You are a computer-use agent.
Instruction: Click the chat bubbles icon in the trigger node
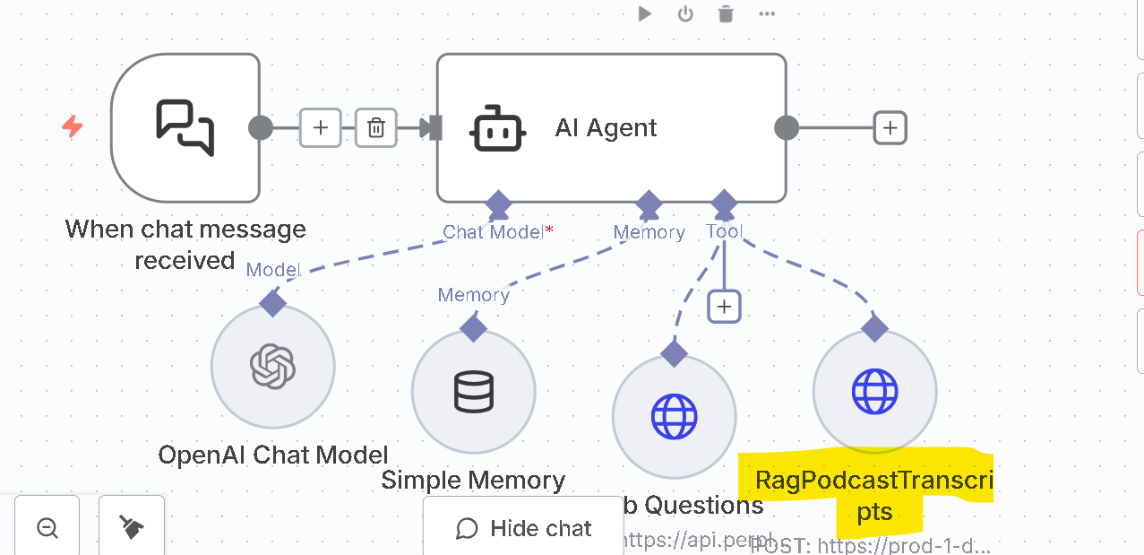point(185,127)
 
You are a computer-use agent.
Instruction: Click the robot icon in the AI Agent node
point(496,128)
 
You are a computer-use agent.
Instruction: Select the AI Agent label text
point(606,128)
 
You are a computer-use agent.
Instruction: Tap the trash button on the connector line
point(376,127)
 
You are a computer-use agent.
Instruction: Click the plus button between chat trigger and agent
point(321,127)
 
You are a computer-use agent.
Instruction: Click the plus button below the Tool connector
point(724,307)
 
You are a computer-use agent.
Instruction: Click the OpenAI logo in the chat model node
point(273,366)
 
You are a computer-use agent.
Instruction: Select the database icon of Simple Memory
point(473,392)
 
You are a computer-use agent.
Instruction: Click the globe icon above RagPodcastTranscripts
point(874,391)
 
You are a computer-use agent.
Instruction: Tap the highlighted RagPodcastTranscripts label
point(873,496)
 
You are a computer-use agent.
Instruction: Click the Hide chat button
point(524,528)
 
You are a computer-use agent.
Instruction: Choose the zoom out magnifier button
point(47,528)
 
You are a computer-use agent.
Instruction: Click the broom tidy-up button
point(132,528)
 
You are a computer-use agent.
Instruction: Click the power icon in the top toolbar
point(685,13)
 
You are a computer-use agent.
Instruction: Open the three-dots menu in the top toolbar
point(767,13)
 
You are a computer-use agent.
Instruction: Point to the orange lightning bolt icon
point(73,126)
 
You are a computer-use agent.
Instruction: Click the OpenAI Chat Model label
point(273,455)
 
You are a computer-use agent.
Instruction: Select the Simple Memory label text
point(473,481)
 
